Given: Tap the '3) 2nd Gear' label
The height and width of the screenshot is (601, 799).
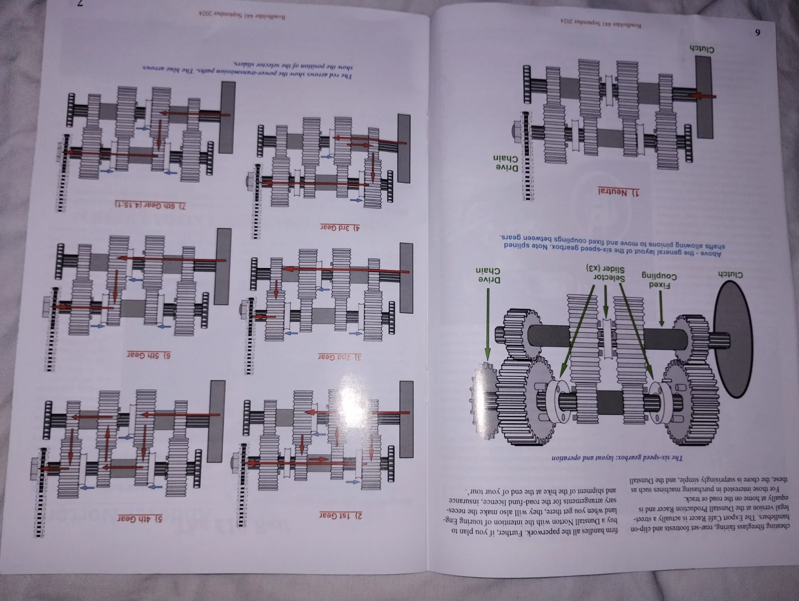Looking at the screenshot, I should (340, 357).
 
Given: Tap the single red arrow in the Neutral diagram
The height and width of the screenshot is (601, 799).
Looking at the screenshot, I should (702, 96).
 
